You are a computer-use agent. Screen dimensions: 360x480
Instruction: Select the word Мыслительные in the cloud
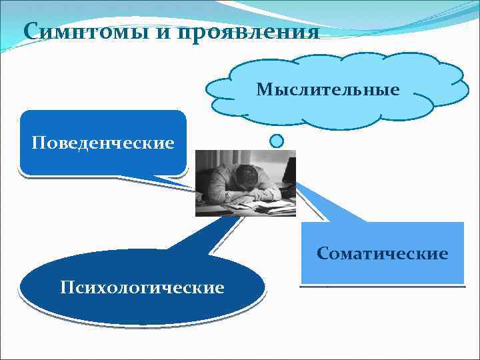pyautogui.click(x=328, y=89)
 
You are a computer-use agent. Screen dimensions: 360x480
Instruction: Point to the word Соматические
pyautogui.click(x=383, y=254)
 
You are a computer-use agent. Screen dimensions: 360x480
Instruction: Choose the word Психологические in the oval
pyautogui.click(x=141, y=288)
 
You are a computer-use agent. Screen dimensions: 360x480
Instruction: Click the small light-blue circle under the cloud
pyautogui.click(x=277, y=141)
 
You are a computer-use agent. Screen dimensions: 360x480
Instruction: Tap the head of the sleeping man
pyautogui.click(x=246, y=177)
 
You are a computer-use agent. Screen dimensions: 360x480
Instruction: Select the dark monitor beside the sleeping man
pyautogui.click(x=288, y=175)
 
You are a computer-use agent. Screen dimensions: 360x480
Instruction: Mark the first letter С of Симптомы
pyautogui.click(x=30, y=31)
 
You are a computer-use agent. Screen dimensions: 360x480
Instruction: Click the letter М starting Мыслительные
pyautogui.click(x=262, y=89)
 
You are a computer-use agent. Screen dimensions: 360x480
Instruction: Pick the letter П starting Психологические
pyautogui.click(x=65, y=288)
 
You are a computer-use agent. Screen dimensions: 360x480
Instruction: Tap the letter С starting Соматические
pyautogui.click(x=323, y=254)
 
